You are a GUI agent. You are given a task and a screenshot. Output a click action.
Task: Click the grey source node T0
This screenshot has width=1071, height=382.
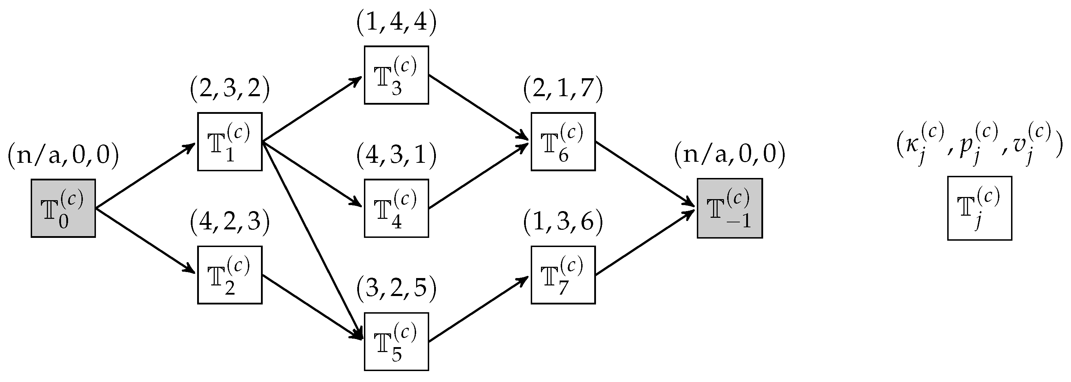63,208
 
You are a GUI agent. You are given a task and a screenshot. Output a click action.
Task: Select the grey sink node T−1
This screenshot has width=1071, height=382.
730,208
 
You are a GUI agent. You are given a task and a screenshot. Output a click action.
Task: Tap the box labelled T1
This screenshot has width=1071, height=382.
230,142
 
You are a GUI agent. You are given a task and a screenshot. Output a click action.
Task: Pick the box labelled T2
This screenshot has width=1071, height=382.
230,275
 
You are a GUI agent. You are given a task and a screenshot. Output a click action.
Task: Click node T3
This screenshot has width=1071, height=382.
396,75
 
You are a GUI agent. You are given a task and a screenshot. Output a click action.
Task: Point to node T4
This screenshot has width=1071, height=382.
396,208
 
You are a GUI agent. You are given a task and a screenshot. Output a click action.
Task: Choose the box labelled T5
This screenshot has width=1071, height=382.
396,341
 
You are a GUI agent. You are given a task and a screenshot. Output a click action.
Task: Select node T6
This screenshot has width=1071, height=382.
563,142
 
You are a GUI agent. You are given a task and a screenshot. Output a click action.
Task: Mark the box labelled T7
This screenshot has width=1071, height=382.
563,275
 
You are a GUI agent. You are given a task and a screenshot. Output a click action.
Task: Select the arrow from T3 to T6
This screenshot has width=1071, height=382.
478,108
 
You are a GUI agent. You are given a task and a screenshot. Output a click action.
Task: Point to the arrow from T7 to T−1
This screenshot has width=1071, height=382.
645,242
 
